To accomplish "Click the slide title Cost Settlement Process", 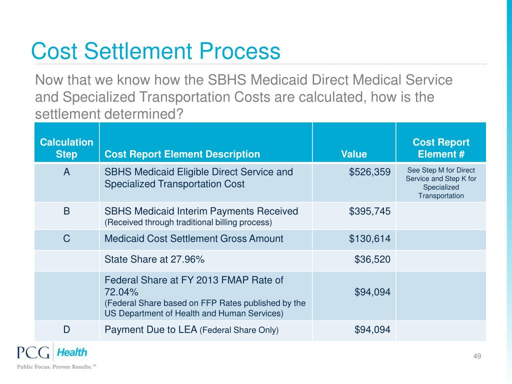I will tap(155, 51).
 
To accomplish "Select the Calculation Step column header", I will tap(66, 148).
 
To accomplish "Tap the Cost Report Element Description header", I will tap(182, 154).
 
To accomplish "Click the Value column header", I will tap(354, 154).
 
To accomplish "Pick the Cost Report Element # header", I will tap(441, 148).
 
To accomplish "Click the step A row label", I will tap(66, 172).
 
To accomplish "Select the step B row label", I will tap(66, 211).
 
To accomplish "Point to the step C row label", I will tap(66, 239).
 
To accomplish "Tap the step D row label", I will tap(66, 329).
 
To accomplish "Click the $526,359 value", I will tap(369, 172).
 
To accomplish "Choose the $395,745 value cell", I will tap(369, 211).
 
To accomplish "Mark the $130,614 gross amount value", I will tap(369, 239).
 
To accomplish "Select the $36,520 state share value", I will tap(372, 259).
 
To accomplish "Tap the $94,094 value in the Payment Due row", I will tap(372, 329).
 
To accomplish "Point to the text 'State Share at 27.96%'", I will tap(154, 259).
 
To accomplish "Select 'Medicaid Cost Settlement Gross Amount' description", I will tap(193, 239).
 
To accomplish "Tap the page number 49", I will tap(476, 356).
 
